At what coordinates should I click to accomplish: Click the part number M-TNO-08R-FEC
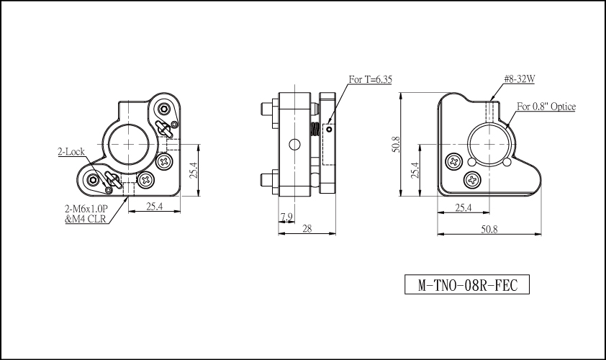click(x=467, y=285)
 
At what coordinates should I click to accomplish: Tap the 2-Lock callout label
click(x=71, y=152)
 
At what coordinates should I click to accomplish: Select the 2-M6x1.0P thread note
click(x=86, y=210)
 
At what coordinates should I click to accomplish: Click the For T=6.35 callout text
click(x=370, y=79)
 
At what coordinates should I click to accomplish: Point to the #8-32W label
click(x=520, y=79)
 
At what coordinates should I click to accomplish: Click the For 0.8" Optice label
click(x=546, y=107)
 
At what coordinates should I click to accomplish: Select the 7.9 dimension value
click(x=286, y=217)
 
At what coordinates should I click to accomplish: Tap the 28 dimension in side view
click(x=307, y=228)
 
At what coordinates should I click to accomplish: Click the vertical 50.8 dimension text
click(x=396, y=144)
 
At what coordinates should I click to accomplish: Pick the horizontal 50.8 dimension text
click(x=489, y=229)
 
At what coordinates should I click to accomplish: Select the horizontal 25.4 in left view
click(x=154, y=207)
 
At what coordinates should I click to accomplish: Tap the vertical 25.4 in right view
click(x=415, y=170)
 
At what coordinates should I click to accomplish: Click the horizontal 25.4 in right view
click(x=463, y=208)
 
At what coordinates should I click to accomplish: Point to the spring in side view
click(x=315, y=129)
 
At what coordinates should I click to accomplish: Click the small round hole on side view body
click(x=294, y=145)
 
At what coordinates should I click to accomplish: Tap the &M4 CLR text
click(x=86, y=220)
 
